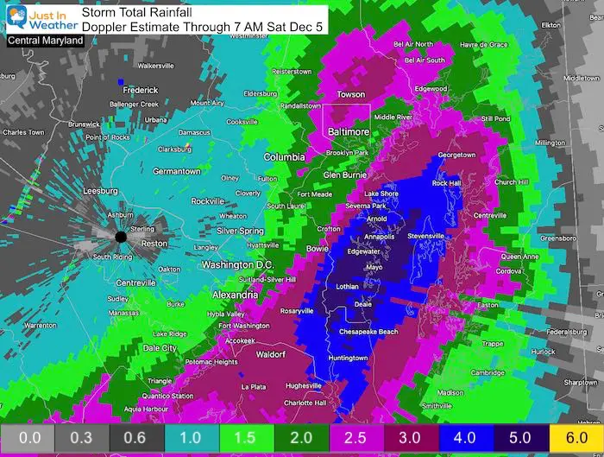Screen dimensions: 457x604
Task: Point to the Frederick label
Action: (141, 90)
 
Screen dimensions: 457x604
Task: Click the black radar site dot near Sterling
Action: (121, 236)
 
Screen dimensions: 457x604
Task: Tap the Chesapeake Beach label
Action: (379, 332)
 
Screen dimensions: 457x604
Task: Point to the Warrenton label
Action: (41, 325)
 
